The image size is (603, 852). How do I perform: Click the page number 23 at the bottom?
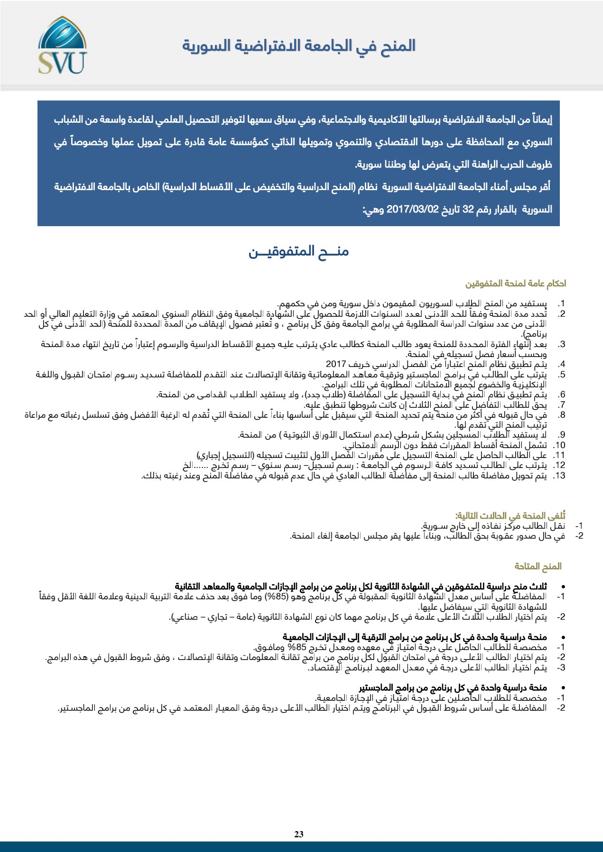coord(299,834)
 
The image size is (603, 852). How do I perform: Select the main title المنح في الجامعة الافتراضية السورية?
coord(299,46)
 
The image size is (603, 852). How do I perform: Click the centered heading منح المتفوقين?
coord(299,251)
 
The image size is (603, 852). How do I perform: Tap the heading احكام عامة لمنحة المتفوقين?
coord(515,284)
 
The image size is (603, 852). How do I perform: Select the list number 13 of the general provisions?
coord(560,476)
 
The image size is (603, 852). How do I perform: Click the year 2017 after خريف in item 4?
coord(336,365)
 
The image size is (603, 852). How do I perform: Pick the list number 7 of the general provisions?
coord(562,405)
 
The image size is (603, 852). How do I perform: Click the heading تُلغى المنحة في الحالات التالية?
coord(510,516)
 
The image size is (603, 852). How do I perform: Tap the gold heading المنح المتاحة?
coord(538,566)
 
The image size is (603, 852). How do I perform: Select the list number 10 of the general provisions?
coord(560,445)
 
